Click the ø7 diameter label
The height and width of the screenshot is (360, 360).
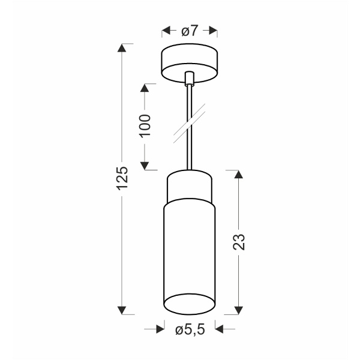pyautogui.click(x=190, y=31)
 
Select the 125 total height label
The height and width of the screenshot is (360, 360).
pyautogui.click(x=122, y=178)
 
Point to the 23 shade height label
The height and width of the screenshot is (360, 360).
pyautogui.click(x=239, y=242)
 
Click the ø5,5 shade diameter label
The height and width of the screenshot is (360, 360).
pyautogui.click(x=190, y=329)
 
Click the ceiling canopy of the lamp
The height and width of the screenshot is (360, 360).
pyautogui.click(x=190, y=63)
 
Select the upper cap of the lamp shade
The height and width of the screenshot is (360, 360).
pyautogui.click(x=190, y=185)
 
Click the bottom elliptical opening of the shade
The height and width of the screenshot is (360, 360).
pyautogui.click(x=190, y=304)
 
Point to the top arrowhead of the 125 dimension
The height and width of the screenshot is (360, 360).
pyautogui.click(x=122, y=49)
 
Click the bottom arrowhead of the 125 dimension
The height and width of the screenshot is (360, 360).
pyautogui.click(x=122, y=310)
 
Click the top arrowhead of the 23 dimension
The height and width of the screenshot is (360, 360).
pyautogui.click(x=239, y=175)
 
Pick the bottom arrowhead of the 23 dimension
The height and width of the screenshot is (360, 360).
pyautogui.click(x=239, y=310)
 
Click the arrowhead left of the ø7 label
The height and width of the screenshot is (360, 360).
pyautogui.click(x=166, y=31)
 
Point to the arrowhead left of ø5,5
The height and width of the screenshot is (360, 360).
pyautogui.click(x=160, y=329)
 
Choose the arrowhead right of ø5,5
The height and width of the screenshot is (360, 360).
pyautogui.click(x=219, y=329)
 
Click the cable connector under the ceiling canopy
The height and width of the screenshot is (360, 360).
pyautogui.click(x=190, y=79)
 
